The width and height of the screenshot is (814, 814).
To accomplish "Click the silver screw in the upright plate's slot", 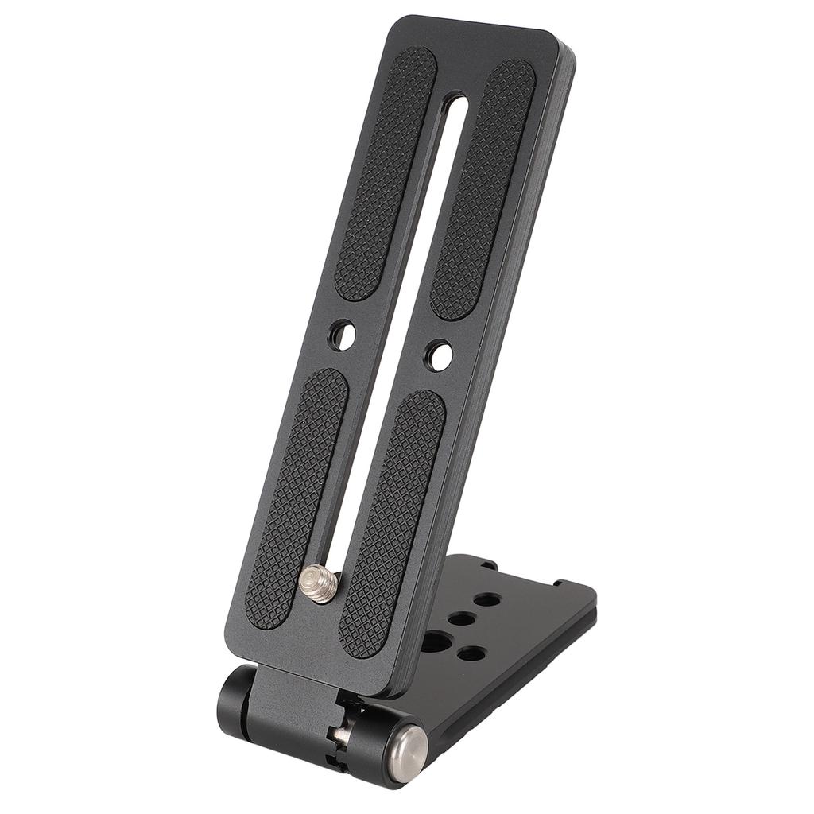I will coord(320,585).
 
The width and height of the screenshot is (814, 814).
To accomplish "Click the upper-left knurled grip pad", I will coord(386,173).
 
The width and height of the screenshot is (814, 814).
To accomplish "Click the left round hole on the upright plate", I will coord(342,335).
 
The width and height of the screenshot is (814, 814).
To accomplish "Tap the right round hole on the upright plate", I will coord(438,355).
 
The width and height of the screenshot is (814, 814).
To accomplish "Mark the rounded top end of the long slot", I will coord(455,101).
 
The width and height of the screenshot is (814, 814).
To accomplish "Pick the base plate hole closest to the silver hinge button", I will coord(472,653).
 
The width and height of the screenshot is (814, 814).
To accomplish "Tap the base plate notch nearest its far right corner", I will coord(560,583).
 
